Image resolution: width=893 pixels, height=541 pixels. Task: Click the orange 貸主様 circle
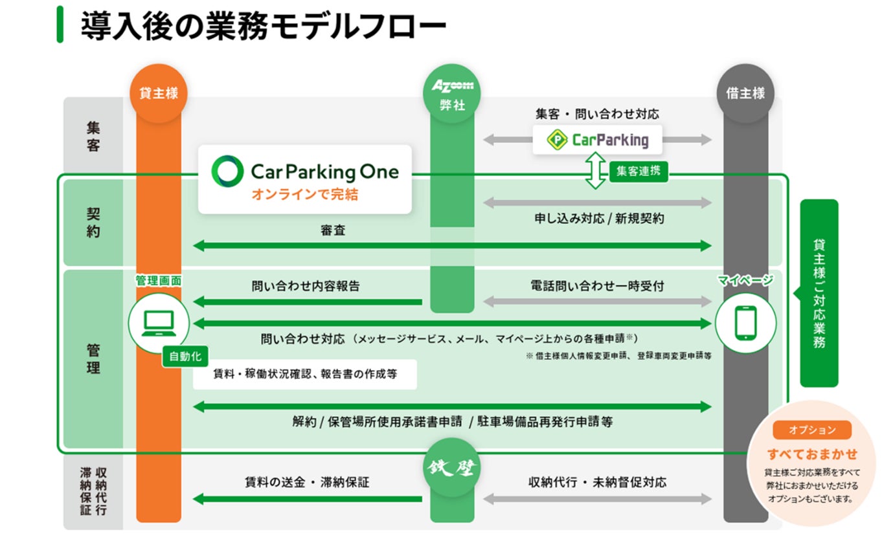tap(159, 93)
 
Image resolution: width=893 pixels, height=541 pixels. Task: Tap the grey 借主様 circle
tap(745, 93)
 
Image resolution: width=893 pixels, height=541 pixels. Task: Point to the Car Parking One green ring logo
tap(228, 171)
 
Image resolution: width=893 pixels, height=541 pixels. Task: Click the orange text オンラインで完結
tap(304, 193)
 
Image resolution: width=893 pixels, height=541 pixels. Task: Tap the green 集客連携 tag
tap(638, 171)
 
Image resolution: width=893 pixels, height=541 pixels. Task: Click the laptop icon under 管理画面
tap(159, 322)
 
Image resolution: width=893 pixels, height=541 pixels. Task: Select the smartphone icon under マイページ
tap(745, 322)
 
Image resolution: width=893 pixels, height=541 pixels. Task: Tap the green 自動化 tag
tap(185, 357)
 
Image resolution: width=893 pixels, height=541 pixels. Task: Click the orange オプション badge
tap(811, 430)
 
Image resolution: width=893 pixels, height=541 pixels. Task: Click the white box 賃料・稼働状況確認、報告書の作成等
tap(304, 375)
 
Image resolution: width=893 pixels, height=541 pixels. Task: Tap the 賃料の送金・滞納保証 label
tap(307, 482)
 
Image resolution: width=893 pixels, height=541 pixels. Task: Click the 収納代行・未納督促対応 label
tap(597, 482)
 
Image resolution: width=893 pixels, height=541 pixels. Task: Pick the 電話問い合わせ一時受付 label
tap(597, 285)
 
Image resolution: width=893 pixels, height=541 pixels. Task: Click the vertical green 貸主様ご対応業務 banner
tap(819, 293)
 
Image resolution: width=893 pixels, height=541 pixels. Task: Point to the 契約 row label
tap(93, 222)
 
